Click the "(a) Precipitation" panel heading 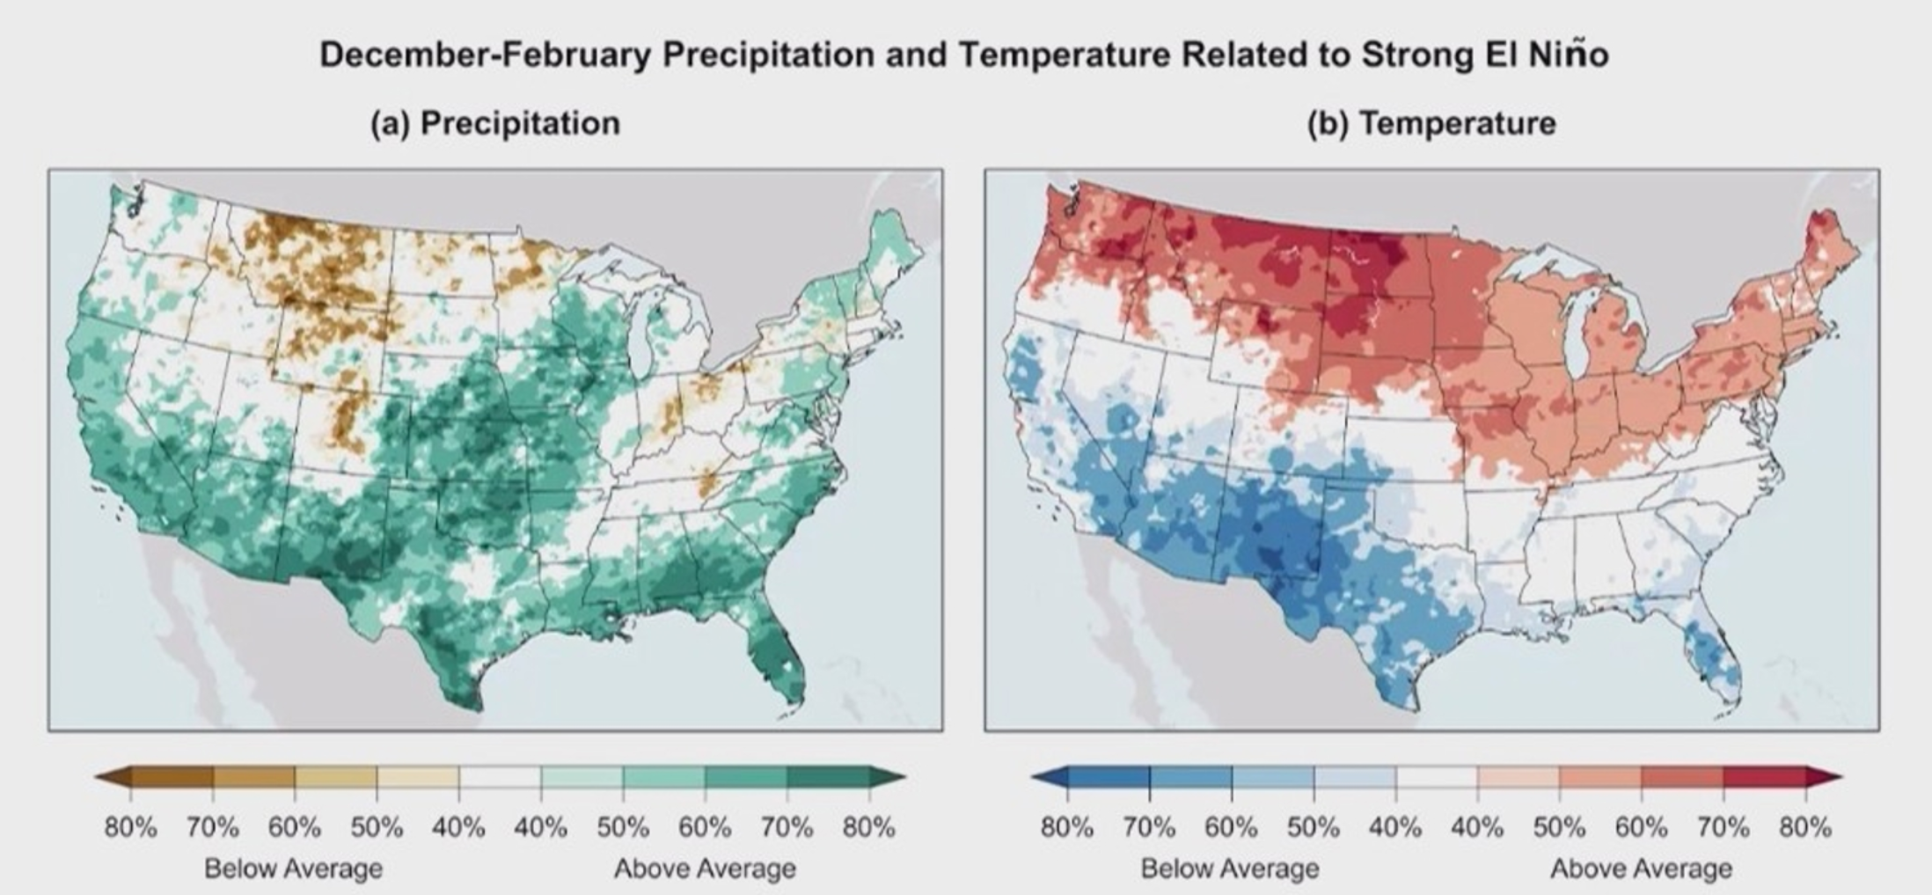[x=495, y=123]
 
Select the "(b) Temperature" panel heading [x=1431, y=123]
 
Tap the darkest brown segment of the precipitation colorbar [x=172, y=777]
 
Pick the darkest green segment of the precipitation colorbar [x=828, y=777]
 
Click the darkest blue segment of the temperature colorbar [x=1109, y=777]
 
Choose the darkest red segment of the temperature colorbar [x=1764, y=777]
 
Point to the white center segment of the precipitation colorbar [x=500, y=777]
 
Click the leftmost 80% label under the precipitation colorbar [x=131, y=827]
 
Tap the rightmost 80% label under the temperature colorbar [x=1805, y=827]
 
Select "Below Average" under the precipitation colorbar [x=294, y=869]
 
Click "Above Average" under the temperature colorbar [x=1641, y=869]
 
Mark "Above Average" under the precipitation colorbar [x=705, y=869]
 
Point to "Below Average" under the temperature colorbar [x=1230, y=869]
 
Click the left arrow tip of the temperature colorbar [x=1031, y=777]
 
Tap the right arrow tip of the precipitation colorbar [x=905, y=777]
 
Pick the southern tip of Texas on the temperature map [x=1412, y=709]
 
